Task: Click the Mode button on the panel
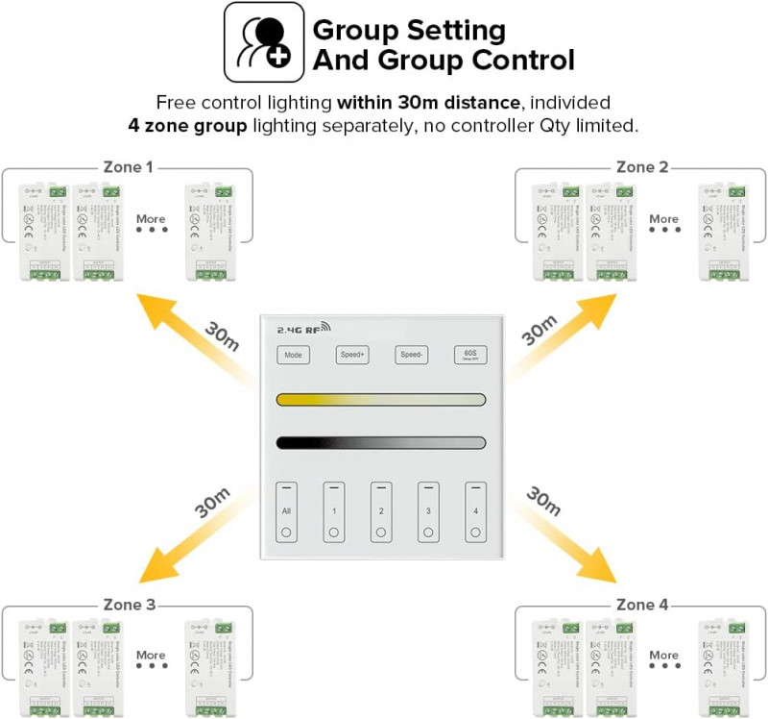click(293, 355)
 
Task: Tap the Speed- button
click(411, 355)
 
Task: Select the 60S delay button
click(470, 355)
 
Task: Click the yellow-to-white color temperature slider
click(381, 399)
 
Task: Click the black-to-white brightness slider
click(381, 443)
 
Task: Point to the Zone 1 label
click(129, 167)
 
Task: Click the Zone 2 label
click(642, 167)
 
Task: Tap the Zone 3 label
click(129, 605)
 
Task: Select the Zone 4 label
click(642, 605)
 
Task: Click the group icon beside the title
click(264, 42)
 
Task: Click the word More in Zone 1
click(151, 219)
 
